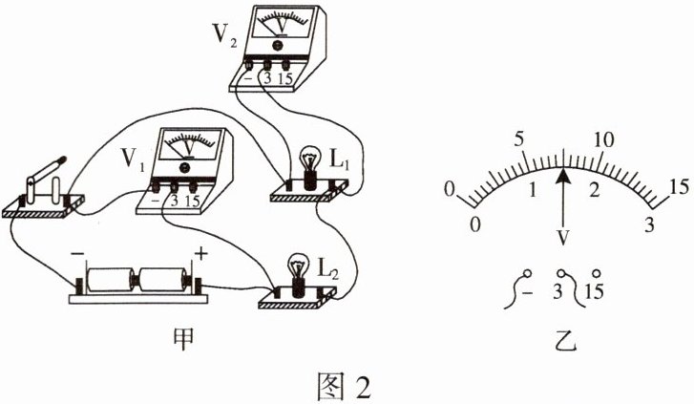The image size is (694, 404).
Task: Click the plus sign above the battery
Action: tap(201, 253)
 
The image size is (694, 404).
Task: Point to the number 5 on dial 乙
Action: tap(521, 139)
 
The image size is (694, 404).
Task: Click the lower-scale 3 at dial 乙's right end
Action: tap(650, 225)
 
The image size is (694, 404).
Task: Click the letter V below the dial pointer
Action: tap(565, 235)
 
